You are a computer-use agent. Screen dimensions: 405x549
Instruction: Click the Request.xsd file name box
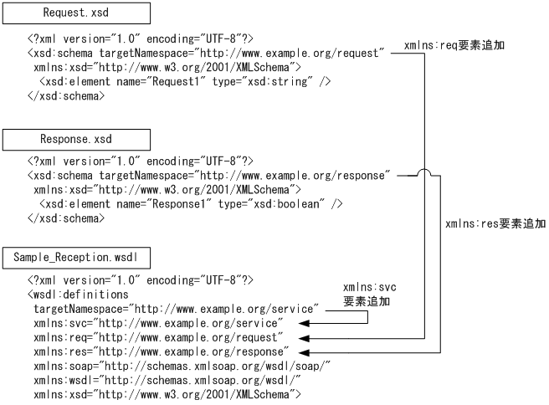pos(77,13)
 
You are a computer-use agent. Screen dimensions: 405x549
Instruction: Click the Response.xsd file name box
pos(77,139)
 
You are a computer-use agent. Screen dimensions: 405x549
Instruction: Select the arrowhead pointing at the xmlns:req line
pos(305,337)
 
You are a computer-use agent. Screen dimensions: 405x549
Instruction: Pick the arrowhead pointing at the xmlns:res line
pos(305,351)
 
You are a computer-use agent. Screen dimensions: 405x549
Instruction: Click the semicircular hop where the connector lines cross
pos(424,177)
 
